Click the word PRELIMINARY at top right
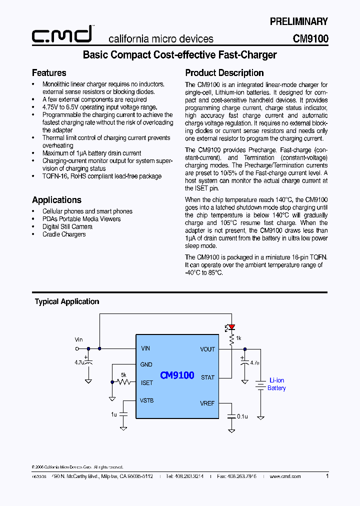click(298, 21)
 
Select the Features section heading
click(49, 73)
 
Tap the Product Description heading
click(224, 73)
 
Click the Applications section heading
click(56, 200)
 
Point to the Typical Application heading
click(67, 301)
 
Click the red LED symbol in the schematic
click(231, 327)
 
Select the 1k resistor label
click(238, 338)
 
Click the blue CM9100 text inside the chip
click(177, 375)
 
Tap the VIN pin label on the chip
click(145, 348)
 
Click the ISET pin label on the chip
click(147, 382)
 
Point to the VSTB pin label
click(147, 400)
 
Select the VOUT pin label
click(207, 349)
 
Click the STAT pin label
click(207, 377)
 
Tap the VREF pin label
click(207, 403)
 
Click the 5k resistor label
click(123, 374)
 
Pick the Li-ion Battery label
click(276, 384)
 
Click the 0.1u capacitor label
click(242, 416)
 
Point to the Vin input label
click(78, 339)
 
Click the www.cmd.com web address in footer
click(285, 476)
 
